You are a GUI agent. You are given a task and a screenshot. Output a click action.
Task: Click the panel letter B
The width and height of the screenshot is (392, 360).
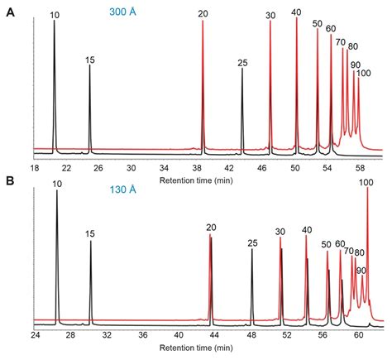click(x=9, y=180)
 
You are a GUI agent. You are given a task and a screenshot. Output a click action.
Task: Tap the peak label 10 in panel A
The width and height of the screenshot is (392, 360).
click(x=55, y=14)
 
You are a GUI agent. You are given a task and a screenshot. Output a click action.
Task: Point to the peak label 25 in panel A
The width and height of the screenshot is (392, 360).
click(x=242, y=63)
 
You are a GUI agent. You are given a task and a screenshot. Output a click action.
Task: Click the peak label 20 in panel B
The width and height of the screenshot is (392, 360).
click(x=211, y=228)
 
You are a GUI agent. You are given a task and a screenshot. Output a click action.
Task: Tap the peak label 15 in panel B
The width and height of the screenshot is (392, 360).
click(x=91, y=234)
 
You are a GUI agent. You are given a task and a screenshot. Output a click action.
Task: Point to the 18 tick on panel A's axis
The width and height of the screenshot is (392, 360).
click(x=35, y=166)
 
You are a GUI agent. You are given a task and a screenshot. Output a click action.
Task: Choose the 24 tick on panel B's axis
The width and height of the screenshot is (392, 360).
click(x=35, y=337)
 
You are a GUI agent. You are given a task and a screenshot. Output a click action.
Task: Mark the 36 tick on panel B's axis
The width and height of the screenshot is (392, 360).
click(x=143, y=337)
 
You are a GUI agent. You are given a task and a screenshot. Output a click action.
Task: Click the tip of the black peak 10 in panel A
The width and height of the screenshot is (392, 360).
click(x=54, y=21)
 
